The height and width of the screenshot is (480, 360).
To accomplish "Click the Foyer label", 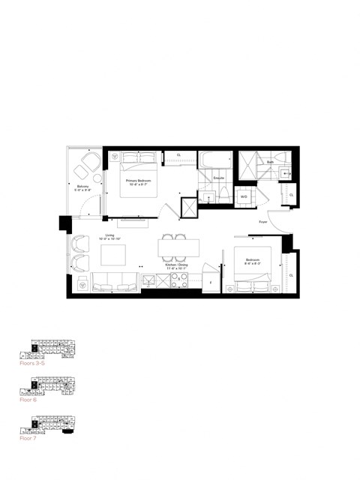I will click(263, 222).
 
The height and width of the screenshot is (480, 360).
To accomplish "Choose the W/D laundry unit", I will click(244, 197).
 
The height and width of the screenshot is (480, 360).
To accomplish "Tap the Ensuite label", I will click(219, 178).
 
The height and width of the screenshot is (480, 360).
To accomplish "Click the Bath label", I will click(269, 162).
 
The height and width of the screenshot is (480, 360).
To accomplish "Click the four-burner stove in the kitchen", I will click(179, 281).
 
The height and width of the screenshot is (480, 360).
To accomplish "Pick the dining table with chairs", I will click(178, 247).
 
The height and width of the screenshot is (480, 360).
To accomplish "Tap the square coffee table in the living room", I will click(115, 255).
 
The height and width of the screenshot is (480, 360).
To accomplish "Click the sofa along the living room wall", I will click(115, 283).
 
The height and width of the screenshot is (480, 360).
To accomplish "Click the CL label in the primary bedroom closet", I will click(178, 155).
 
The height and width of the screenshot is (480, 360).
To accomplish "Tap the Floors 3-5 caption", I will click(34, 362).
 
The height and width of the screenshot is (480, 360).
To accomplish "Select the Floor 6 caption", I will click(29, 400).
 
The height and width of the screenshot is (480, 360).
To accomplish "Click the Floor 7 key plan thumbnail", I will click(49, 428).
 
